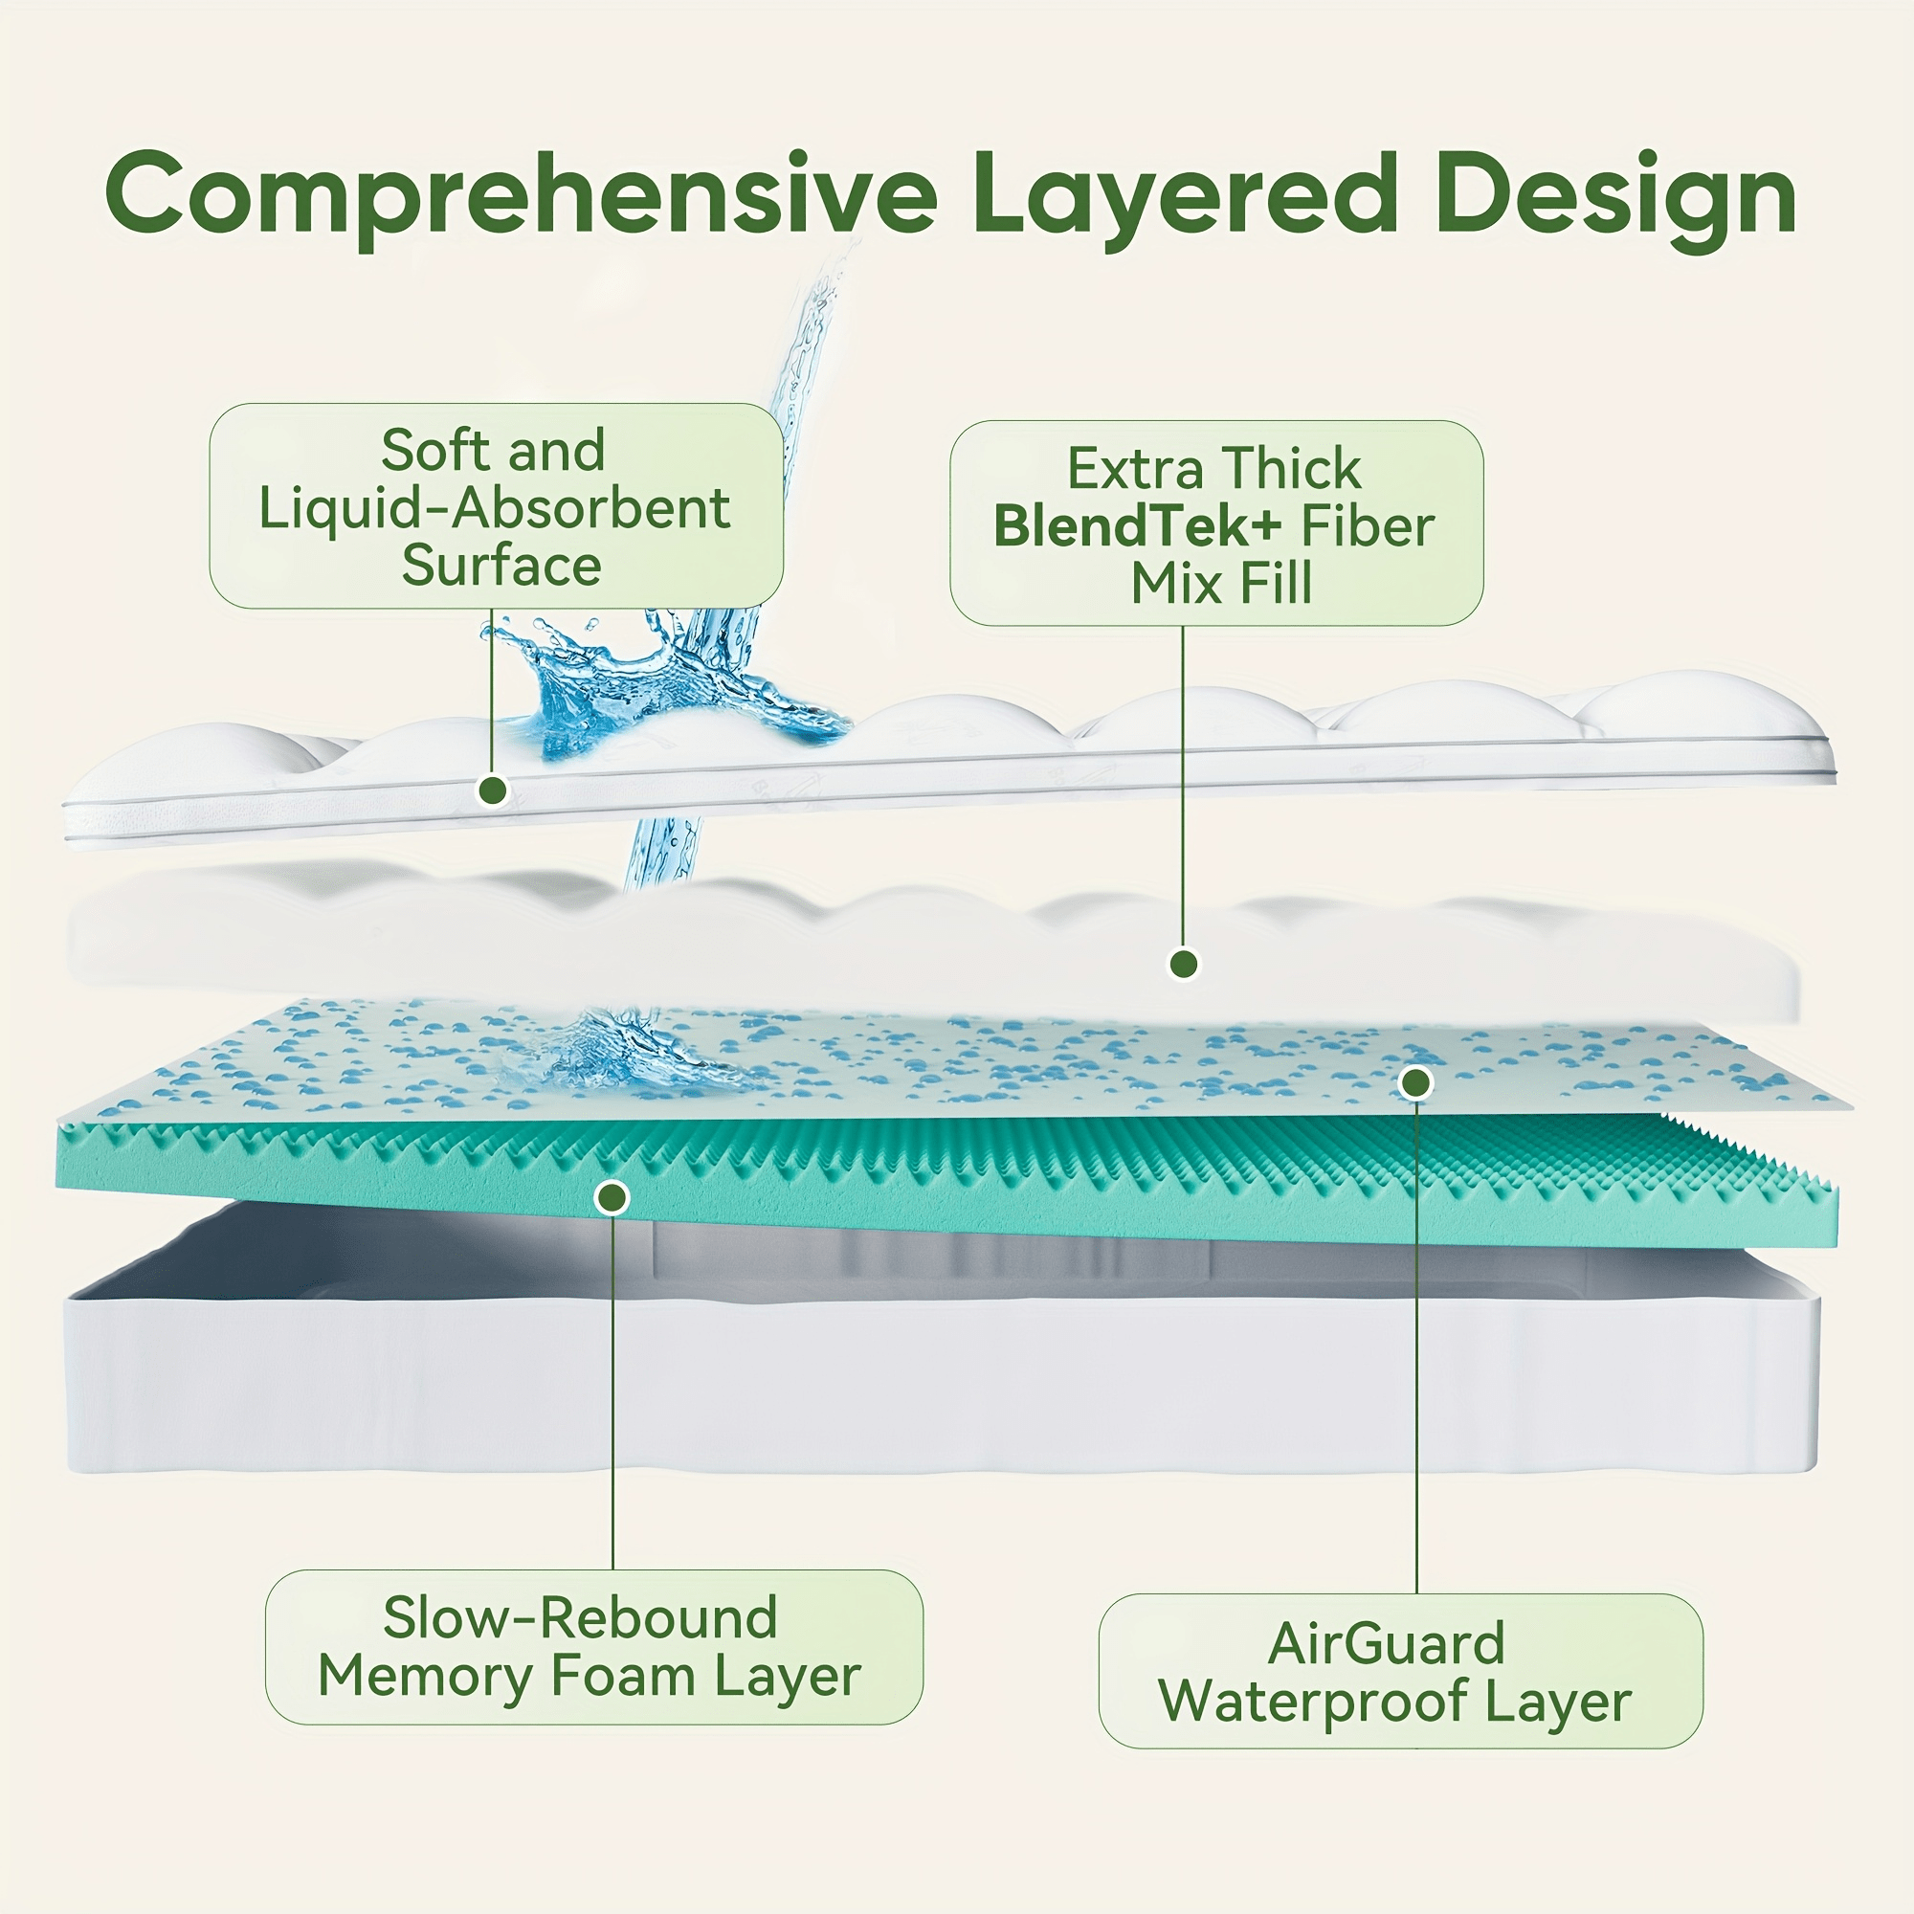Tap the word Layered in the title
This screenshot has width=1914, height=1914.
click(1184, 195)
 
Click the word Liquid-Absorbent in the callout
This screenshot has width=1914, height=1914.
click(495, 508)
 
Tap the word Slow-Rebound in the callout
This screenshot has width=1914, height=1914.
click(580, 1617)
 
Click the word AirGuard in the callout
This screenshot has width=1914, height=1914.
click(1386, 1643)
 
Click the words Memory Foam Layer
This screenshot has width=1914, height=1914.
click(589, 1677)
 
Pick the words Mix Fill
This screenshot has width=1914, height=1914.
click(1221, 584)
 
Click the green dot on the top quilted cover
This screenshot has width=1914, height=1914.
click(492, 790)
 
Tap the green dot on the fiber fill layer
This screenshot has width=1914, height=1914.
click(1183, 963)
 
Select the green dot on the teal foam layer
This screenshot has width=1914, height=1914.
click(612, 1198)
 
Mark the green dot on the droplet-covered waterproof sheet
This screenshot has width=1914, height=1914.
click(1416, 1082)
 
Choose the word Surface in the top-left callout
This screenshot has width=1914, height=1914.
click(501, 566)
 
